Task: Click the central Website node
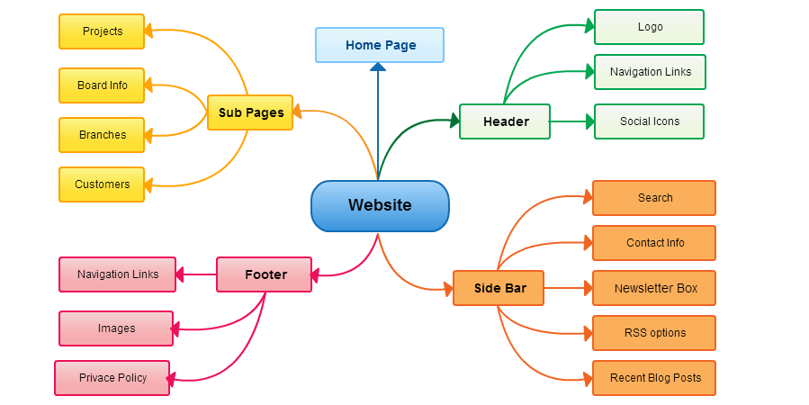click(380, 205)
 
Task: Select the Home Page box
click(380, 45)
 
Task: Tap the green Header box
click(505, 121)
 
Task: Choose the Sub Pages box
click(250, 112)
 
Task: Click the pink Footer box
click(265, 274)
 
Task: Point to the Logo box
click(649, 27)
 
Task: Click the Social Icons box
click(649, 121)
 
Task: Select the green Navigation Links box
click(650, 72)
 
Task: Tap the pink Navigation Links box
click(117, 274)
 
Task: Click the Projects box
click(102, 31)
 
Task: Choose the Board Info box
click(102, 85)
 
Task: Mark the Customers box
click(102, 184)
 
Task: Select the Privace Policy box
click(112, 378)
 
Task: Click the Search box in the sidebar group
click(654, 198)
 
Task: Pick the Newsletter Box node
click(654, 288)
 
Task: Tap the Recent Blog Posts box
click(654, 378)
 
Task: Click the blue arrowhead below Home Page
click(378, 67)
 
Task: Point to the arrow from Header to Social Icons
click(571, 121)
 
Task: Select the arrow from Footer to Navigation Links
click(196, 274)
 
